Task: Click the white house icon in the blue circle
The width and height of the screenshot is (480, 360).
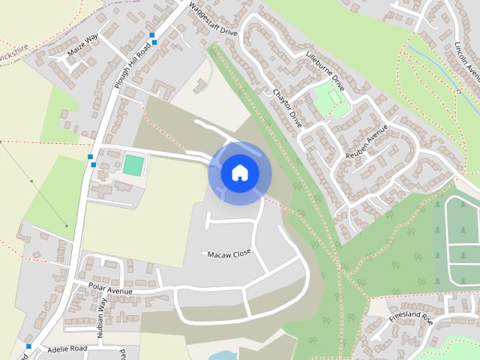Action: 239,172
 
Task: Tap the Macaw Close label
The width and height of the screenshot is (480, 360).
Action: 229,253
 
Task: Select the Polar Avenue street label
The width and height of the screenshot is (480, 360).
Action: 110,290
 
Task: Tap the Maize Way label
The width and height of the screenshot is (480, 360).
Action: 83,46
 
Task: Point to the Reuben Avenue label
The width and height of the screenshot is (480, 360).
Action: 365,141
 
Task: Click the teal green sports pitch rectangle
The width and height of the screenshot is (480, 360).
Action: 133,165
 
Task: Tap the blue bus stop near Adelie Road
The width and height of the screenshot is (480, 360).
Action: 28,346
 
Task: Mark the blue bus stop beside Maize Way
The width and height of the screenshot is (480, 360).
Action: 153,38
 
